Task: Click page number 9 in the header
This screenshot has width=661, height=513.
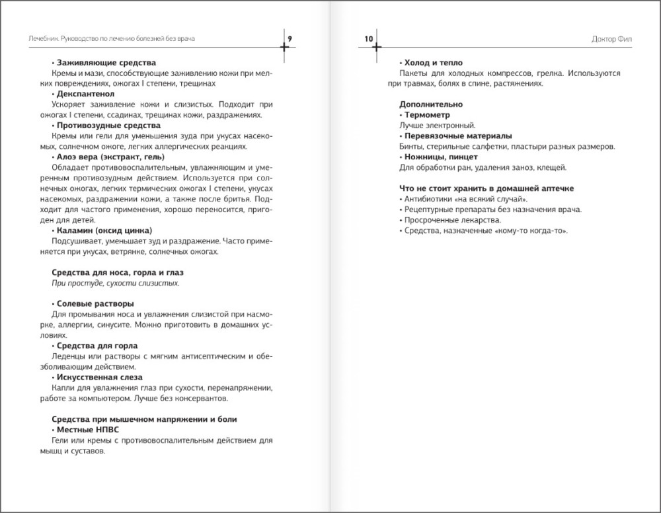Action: pyautogui.click(x=290, y=39)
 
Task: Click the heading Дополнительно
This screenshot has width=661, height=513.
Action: pyautogui.click(x=431, y=104)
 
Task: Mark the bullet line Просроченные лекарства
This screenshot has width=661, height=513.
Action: pyautogui.click(x=451, y=220)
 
